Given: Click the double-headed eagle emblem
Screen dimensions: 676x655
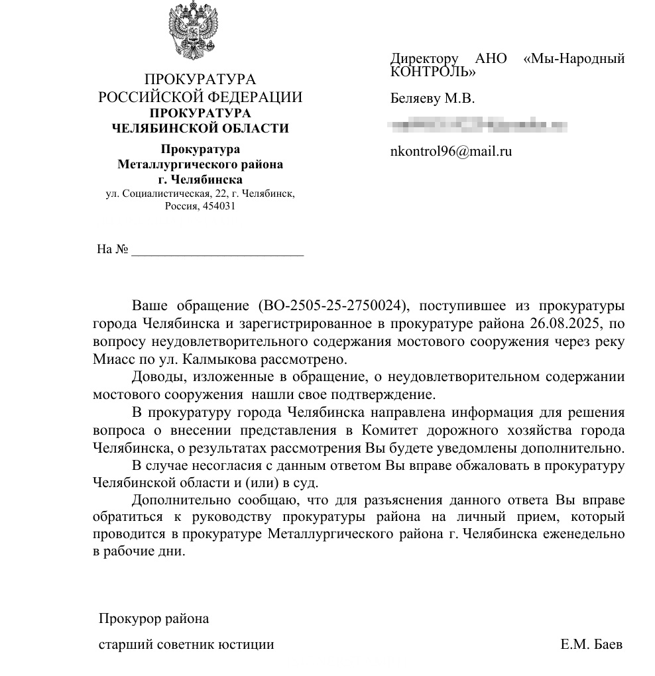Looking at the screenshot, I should click(x=200, y=30).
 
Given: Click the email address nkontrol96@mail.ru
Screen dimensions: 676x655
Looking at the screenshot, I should click(x=451, y=151).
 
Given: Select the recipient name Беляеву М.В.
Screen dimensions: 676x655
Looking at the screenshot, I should click(x=432, y=99).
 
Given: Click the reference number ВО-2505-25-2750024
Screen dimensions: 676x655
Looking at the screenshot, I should click(x=330, y=306).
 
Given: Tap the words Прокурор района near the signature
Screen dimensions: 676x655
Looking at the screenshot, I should click(x=154, y=619).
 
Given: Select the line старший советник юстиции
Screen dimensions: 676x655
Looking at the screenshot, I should click(x=186, y=644).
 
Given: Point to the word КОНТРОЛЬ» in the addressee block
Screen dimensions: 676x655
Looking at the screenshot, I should click(x=432, y=71).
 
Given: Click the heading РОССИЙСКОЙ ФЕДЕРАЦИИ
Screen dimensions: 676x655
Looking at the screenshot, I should click(x=200, y=97).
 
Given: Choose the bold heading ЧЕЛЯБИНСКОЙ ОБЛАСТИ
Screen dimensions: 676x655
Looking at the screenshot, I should click(x=200, y=129).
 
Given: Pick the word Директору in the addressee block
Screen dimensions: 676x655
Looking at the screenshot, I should click(x=424, y=58).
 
